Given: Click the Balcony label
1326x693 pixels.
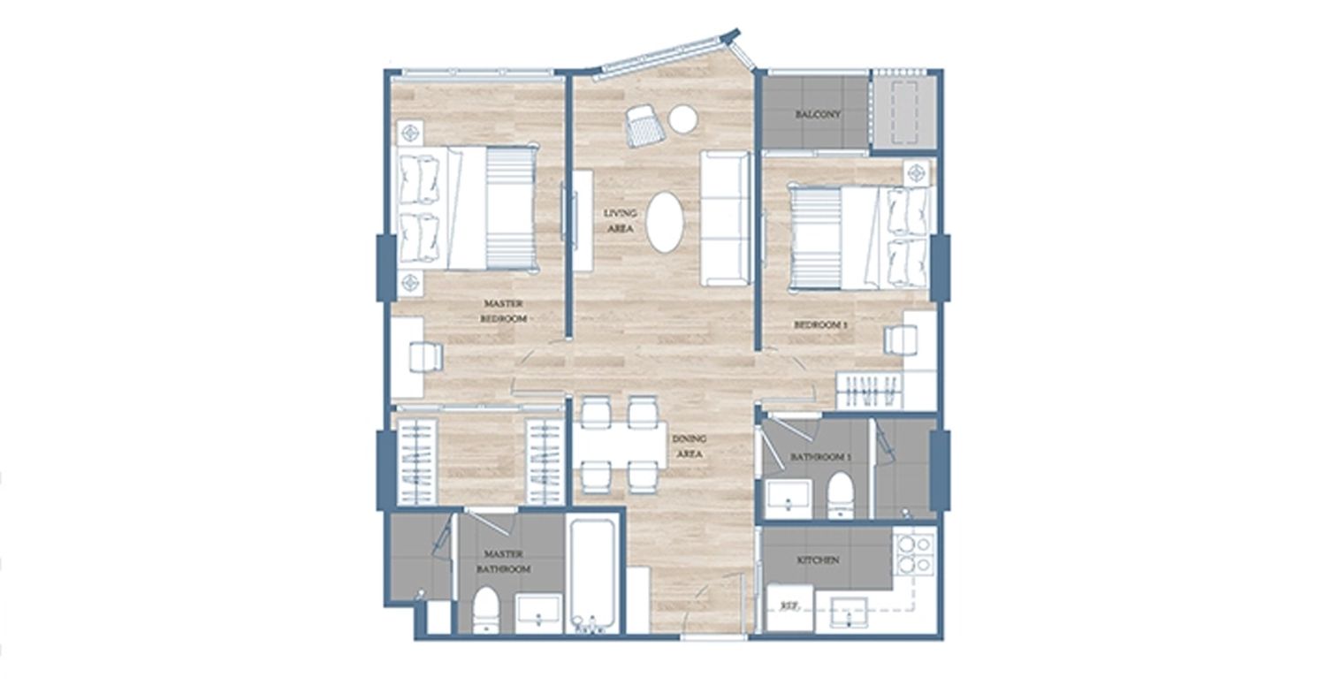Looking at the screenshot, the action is click(x=818, y=114).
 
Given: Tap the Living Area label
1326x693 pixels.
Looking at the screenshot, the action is click(x=621, y=221).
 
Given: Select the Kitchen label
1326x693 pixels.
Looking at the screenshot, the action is click(x=818, y=560).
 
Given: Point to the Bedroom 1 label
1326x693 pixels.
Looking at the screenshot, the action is click(x=820, y=325).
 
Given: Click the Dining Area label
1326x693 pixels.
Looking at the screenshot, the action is click(x=690, y=446).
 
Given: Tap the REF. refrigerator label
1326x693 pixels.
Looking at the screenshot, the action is click(x=788, y=606).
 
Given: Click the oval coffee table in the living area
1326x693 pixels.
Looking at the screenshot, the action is click(x=665, y=221).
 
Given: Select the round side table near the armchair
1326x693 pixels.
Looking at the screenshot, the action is click(x=683, y=119).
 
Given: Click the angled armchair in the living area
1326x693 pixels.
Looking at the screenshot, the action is click(x=644, y=126).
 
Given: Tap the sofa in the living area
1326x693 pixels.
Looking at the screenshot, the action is click(x=726, y=218).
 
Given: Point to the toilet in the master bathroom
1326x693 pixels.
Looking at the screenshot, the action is click(x=486, y=610).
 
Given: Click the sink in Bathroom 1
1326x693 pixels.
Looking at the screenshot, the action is click(x=789, y=499).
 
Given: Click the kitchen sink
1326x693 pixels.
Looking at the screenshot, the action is click(x=849, y=613).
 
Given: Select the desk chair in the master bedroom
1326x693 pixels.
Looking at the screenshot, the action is click(x=425, y=357).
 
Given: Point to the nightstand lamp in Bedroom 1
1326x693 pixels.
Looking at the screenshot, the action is click(x=917, y=173).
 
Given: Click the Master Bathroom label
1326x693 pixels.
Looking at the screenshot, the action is click(x=507, y=561).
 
